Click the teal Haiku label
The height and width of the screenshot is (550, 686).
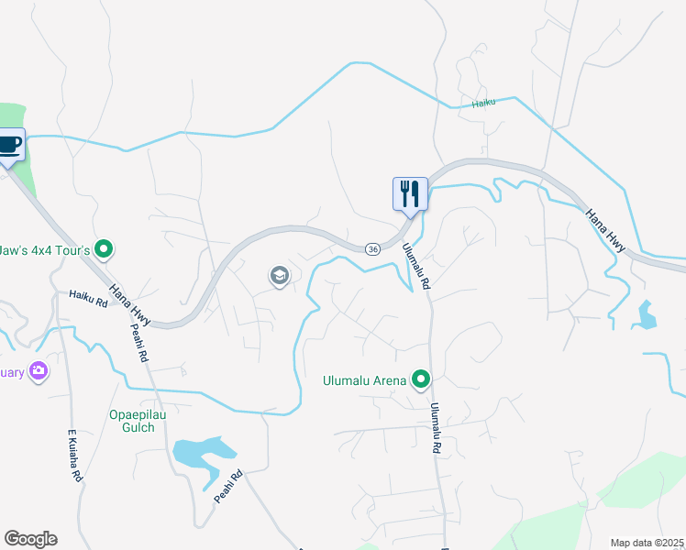point(483,104)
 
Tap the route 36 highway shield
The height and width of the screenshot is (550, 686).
point(372,249)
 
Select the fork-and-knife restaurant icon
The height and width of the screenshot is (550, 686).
point(409,193)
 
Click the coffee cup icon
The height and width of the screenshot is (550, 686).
point(10,145)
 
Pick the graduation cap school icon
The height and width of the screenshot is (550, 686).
point(279,275)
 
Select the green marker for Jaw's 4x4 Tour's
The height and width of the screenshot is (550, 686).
point(104,248)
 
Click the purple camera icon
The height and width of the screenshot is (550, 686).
point(39,370)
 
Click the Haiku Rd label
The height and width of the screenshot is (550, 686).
point(90,295)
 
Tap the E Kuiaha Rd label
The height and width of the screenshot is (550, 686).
point(76,456)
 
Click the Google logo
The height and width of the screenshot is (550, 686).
point(30,539)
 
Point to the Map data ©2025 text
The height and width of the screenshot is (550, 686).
point(647,542)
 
